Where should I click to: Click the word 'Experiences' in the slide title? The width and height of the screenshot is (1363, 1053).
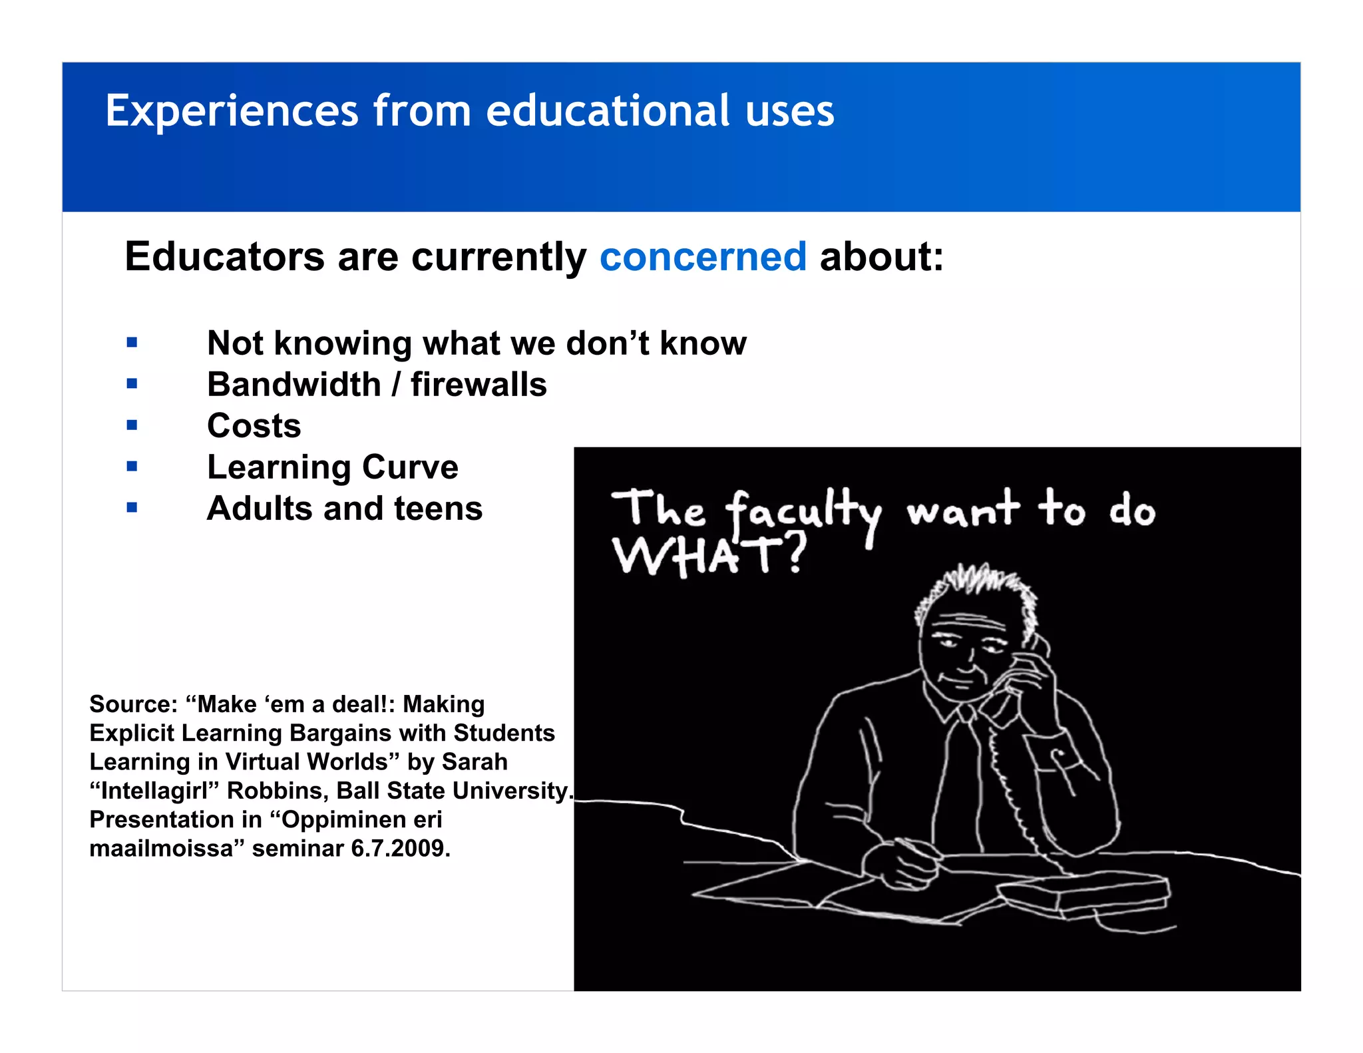click(232, 111)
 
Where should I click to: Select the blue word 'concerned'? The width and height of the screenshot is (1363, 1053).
click(703, 257)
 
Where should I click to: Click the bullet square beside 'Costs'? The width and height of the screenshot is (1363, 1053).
click(132, 425)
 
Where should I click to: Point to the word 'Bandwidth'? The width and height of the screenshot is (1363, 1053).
click(293, 385)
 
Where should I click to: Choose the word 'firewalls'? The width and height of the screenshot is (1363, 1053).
click(479, 385)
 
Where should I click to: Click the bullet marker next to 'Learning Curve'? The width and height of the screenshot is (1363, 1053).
click(132, 466)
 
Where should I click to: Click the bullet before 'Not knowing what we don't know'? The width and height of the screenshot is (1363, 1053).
click(132, 343)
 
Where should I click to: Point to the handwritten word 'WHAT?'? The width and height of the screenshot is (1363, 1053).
click(708, 555)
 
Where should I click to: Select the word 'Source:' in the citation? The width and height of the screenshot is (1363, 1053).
click(133, 704)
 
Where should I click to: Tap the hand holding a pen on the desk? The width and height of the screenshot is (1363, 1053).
click(898, 865)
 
